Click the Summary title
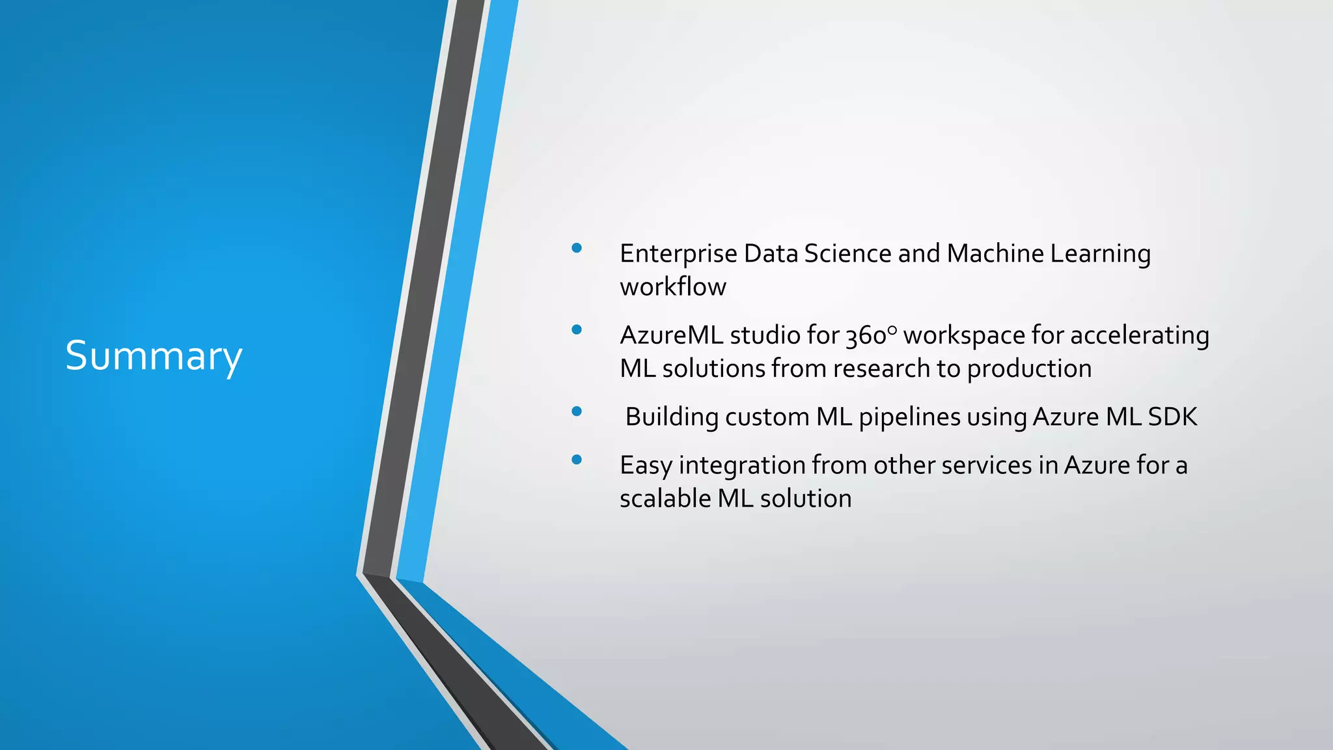tap(154, 356)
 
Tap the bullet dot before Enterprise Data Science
tap(576, 247)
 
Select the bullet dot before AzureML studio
tap(576, 329)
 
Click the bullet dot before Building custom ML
tap(576, 411)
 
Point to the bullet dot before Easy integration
tap(576, 460)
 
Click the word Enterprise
tap(678, 254)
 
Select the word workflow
tap(672, 287)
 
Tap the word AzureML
tap(671, 335)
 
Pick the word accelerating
tap(1139, 336)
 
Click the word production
tap(1028, 369)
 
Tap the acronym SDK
tap(1172, 417)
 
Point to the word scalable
tap(665, 499)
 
